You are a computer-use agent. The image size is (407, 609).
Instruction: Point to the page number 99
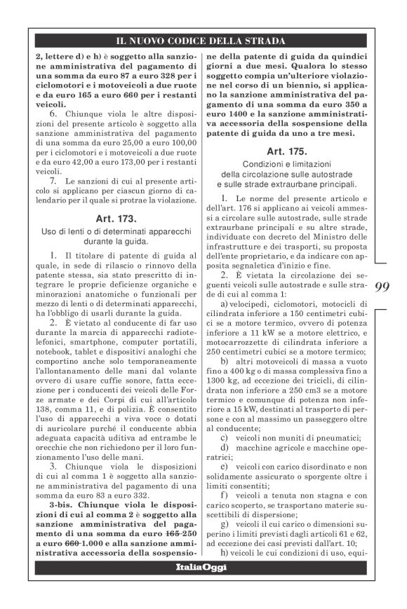[x=383, y=287]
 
